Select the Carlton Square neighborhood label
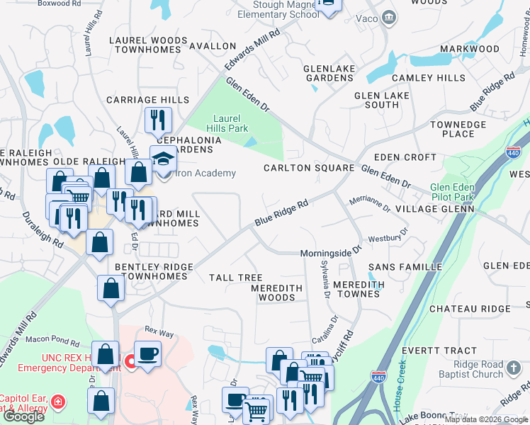(308, 168)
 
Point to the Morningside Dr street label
(330, 252)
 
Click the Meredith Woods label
(276, 293)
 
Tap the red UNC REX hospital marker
(130, 363)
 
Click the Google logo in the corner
(23, 416)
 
